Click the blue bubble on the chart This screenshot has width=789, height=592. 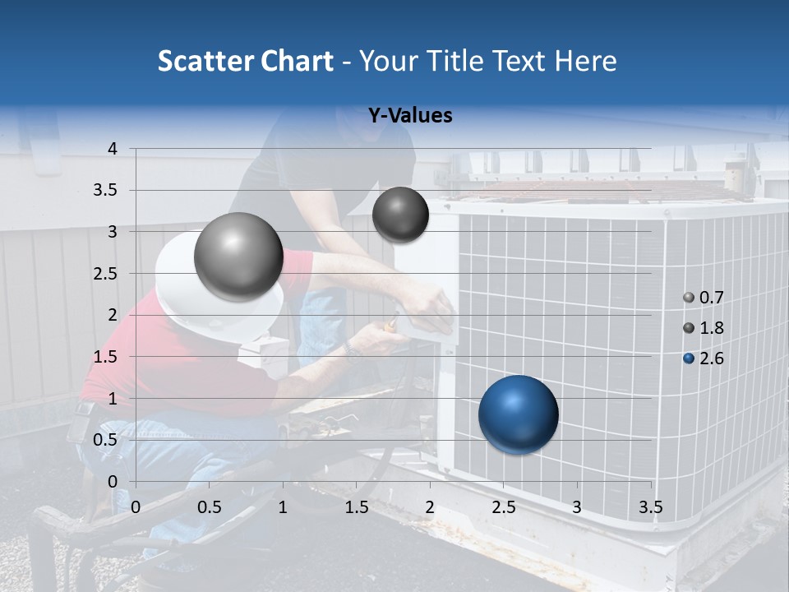(x=518, y=414)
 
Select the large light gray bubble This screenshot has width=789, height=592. (x=238, y=257)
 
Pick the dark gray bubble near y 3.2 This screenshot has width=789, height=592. (x=400, y=215)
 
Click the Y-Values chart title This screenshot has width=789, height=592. (x=409, y=116)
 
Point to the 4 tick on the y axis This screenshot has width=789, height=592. (x=113, y=149)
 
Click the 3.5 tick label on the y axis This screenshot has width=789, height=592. (x=108, y=191)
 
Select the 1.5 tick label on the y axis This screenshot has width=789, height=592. (x=108, y=357)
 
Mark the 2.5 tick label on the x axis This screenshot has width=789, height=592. (x=503, y=507)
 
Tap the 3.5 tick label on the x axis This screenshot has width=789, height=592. (x=650, y=507)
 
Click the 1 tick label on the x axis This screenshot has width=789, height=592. (x=283, y=507)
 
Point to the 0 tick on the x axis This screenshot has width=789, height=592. (x=136, y=507)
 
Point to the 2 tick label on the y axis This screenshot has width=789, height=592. (x=113, y=315)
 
